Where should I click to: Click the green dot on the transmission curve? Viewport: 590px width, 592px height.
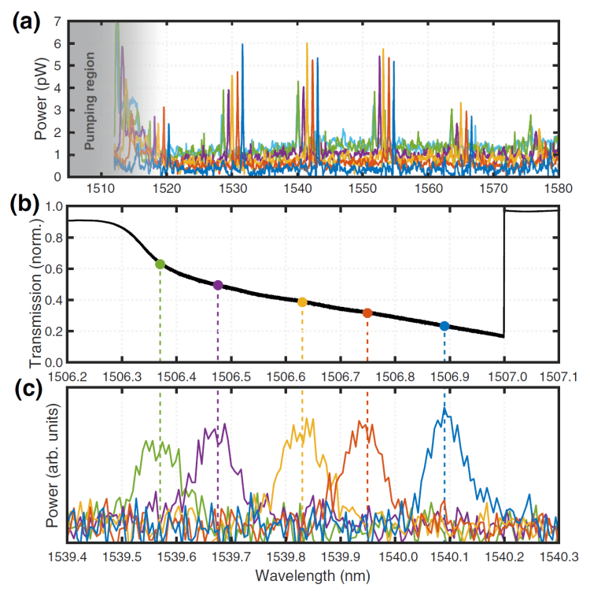pyautogui.click(x=160, y=264)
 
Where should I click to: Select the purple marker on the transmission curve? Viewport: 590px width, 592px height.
pyautogui.click(x=218, y=285)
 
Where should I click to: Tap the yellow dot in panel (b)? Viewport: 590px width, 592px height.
pyautogui.click(x=302, y=302)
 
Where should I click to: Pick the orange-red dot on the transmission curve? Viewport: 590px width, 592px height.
pyautogui.click(x=367, y=313)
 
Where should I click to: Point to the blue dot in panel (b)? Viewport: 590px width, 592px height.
pyautogui.click(x=444, y=326)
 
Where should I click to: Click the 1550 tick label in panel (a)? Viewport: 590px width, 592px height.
pyautogui.click(x=363, y=189)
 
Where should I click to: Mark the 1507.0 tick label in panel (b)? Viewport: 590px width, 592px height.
pyautogui.click(x=504, y=376)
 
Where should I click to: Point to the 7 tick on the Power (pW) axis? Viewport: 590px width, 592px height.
pyautogui.click(x=57, y=22)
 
